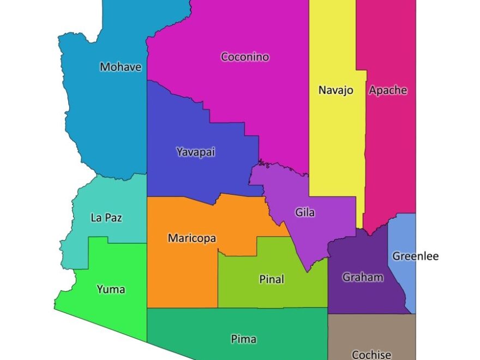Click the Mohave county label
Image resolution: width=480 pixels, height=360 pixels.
[x=121, y=67]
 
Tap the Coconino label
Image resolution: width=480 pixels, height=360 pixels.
[x=245, y=57]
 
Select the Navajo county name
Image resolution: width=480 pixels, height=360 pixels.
[x=335, y=90]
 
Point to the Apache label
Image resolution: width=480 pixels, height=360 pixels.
[x=388, y=90]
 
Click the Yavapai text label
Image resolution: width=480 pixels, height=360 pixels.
[x=195, y=152]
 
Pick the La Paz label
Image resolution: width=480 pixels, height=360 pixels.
[x=106, y=218]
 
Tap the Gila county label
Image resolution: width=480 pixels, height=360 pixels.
[x=305, y=212]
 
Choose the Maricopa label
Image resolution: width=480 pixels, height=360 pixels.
[x=191, y=238]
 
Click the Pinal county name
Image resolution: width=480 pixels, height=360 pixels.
[x=271, y=279]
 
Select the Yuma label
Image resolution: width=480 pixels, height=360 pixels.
[x=111, y=289]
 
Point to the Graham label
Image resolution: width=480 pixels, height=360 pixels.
[x=363, y=277]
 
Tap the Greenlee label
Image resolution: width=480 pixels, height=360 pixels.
[x=415, y=256]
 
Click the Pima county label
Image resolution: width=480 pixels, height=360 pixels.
[x=243, y=339]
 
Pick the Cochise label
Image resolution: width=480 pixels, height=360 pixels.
[x=371, y=355]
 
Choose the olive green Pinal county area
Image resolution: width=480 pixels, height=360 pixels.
[x=251, y=295]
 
